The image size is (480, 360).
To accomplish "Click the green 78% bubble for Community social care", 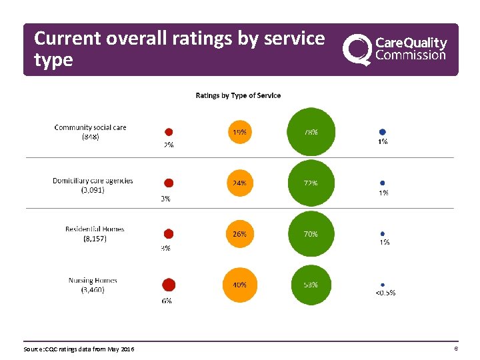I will click(311, 132).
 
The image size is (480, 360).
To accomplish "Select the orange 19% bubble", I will click(239, 132).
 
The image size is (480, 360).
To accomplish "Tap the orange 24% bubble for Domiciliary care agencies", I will click(239, 183).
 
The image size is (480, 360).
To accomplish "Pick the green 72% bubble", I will click(311, 183).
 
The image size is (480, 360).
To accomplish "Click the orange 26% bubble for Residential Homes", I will click(239, 234).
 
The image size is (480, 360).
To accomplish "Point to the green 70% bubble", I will click(311, 234).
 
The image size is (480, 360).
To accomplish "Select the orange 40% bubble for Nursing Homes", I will click(239, 285).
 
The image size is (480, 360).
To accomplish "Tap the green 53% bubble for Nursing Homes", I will click(311, 285).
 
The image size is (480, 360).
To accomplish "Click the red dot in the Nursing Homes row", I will click(169, 285).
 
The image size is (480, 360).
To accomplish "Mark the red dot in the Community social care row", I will click(169, 132).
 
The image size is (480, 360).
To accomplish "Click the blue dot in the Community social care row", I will click(383, 132).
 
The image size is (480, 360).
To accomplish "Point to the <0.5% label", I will click(384, 293).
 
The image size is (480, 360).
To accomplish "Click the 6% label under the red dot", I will click(166, 301).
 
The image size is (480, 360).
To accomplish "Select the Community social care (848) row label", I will click(90, 132).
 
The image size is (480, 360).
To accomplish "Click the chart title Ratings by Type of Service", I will click(238, 95).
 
